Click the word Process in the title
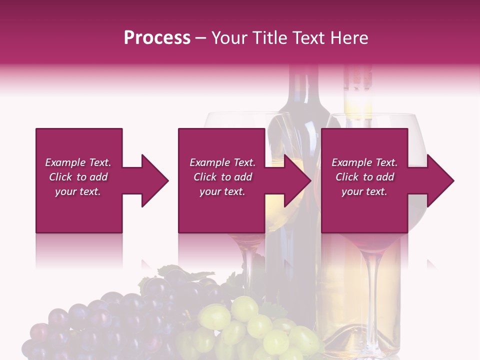pos(157,38)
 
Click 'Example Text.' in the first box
pos(78,162)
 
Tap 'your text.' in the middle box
pos(222,191)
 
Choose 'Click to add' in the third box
pos(364,177)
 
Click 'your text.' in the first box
pos(78,191)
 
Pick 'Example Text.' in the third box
pos(364,162)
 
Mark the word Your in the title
pos(229,38)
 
